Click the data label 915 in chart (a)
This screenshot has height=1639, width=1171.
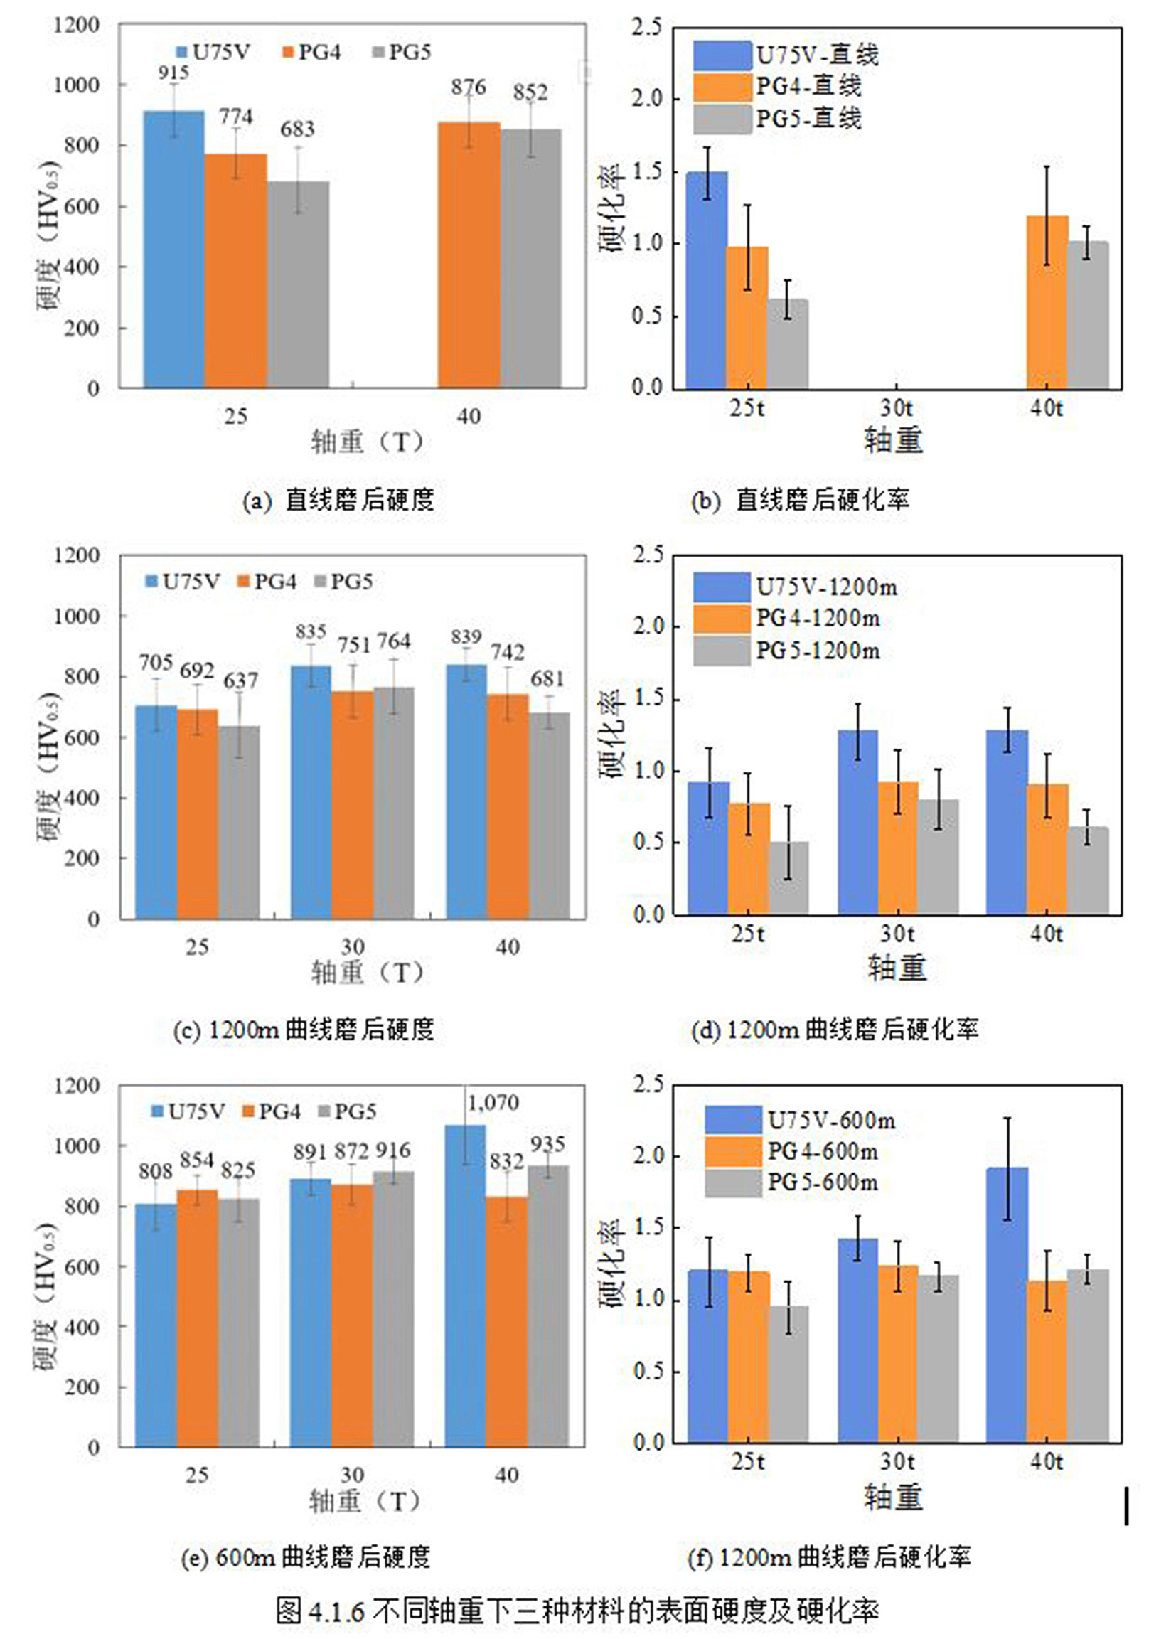coord(173,73)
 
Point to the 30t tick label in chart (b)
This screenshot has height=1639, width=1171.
coord(897,409)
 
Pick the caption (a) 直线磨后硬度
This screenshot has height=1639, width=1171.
coord(338,501)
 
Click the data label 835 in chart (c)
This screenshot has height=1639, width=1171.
coord(311,631)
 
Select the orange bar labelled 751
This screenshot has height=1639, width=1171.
coord(353,805)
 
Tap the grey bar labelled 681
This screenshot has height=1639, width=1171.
coord(549,816)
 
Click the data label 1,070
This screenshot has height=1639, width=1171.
coord(493,1103)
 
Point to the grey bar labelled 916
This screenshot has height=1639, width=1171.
coord(394,1308)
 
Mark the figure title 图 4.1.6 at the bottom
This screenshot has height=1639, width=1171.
coord(577,1609)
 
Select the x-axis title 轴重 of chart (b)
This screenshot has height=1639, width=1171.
coord(894,439)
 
